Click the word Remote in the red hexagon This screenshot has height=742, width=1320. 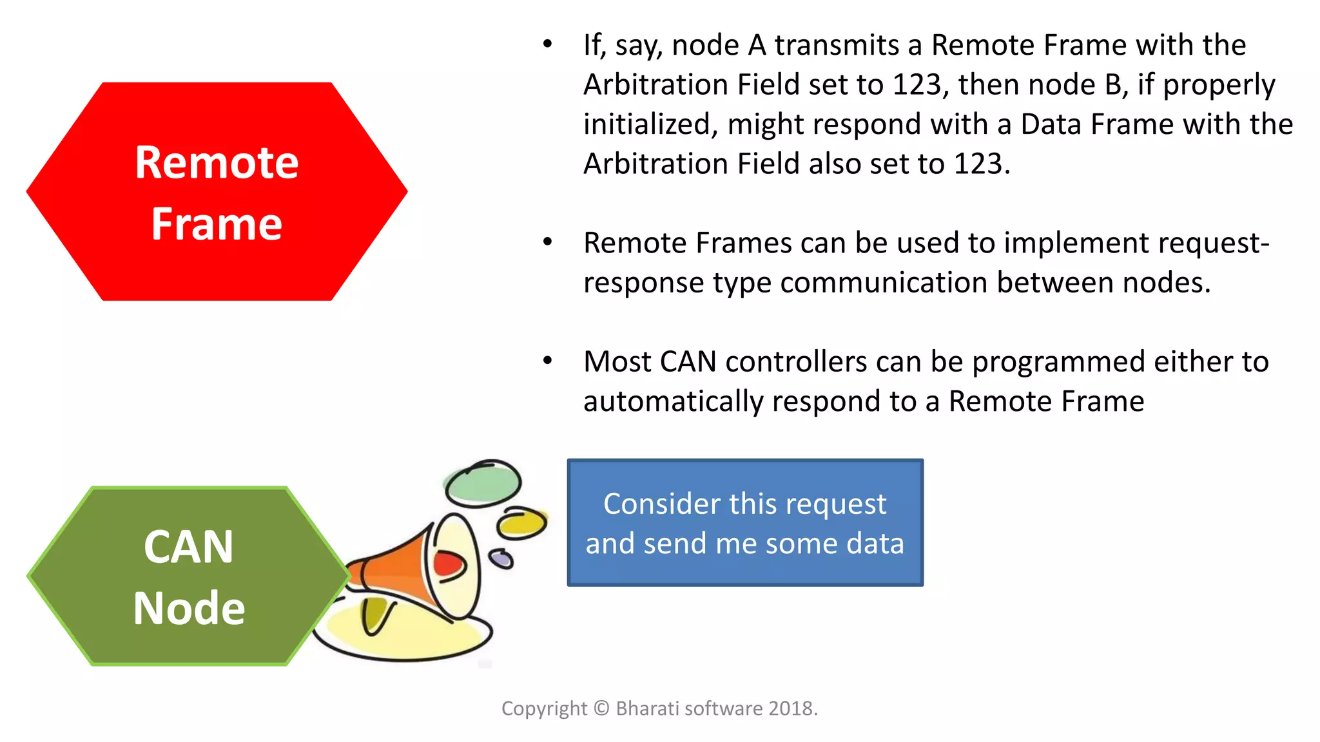(x=217, y=162)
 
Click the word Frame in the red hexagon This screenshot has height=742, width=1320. (x=217, y=224)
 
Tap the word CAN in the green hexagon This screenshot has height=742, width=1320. (x=188, y=547)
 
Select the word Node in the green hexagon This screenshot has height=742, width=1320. (x=189, y=609)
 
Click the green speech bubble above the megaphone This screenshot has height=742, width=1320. (x=483, y=483)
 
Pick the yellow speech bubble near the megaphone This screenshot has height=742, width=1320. (x=523, y=523)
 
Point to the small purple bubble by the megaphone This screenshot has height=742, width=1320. (x=501, y=558)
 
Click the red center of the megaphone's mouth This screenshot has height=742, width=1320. (x=449, y=564)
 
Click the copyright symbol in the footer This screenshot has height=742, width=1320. (x=601, y=709)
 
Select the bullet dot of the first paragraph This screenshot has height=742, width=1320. (x=547, y=44)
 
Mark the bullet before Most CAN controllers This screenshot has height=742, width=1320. (x=547, y=361)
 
